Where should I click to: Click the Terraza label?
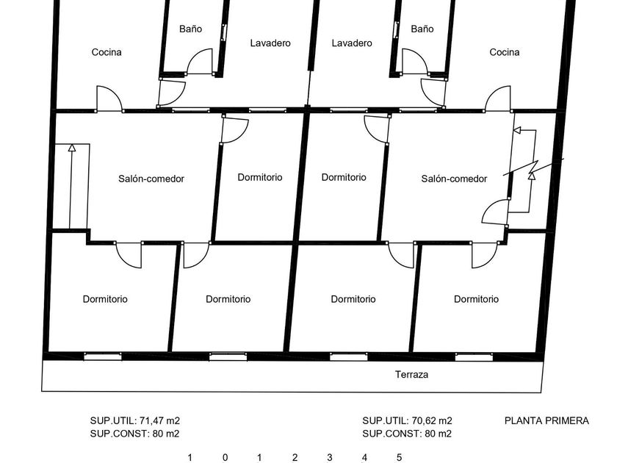tap(411, 374)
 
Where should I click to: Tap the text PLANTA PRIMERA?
tap(546, 421)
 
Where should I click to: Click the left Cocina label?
tap(107, 52)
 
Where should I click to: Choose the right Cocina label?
tap(505, 52)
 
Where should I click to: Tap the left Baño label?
tap(190, 29)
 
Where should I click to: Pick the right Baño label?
tap(422, 29)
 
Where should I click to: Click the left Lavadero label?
tap(270, 43)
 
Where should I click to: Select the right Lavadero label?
tap(352, 43)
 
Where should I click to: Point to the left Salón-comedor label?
tap(151, 179)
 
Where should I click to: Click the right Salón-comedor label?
tap(454, 179)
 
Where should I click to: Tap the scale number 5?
tap(399, 457)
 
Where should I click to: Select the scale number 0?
tap(225, 457)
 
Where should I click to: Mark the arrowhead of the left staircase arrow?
tap(72, 148)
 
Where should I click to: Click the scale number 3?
tap(329, 457)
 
